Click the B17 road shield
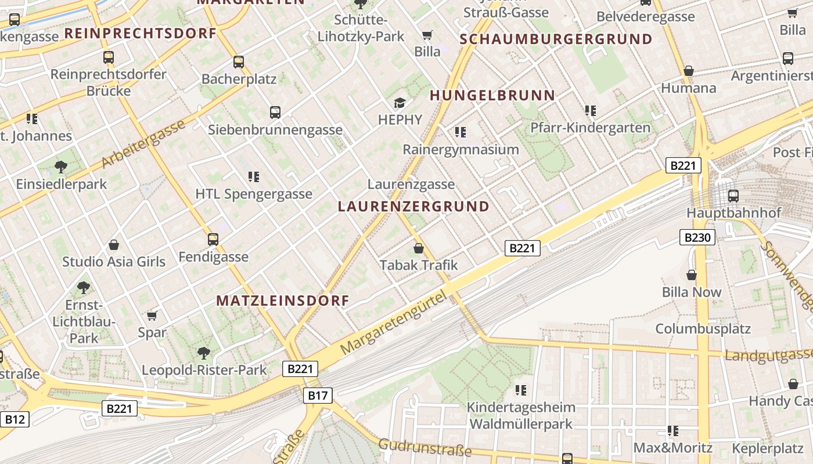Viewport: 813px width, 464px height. point(318,396)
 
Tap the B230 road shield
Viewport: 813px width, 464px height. point(697,237)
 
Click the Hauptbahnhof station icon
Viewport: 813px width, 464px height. point(733,196)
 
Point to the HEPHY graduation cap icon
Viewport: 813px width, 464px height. point(400,103)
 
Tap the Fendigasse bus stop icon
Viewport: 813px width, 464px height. point(213,240)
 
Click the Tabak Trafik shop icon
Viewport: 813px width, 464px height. point(419,249)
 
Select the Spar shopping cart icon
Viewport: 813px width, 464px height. point(152,316)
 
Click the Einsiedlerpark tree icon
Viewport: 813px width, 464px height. point(61,168)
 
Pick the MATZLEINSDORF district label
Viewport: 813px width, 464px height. point(283,300)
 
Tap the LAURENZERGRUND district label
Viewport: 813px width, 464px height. point(413,206)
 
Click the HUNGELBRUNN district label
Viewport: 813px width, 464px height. point(492,96)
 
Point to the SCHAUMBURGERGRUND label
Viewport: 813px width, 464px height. point(556,39)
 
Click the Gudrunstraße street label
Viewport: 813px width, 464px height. point(425,448)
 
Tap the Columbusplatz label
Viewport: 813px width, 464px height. point(703,328)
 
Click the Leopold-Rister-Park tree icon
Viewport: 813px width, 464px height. point(203,353)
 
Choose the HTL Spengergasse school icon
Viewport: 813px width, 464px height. point(253,176)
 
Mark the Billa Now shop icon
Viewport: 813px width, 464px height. point(692,275)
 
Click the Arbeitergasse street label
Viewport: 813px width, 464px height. point(143,144)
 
